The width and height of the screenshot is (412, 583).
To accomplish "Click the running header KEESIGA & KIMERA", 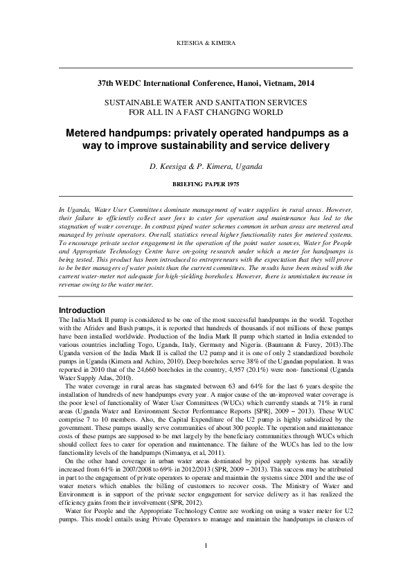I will click(206, 43).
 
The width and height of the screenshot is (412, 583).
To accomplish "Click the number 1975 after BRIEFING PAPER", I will click(231, 186).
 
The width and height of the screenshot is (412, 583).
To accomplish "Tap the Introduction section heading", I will click(82, 310).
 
